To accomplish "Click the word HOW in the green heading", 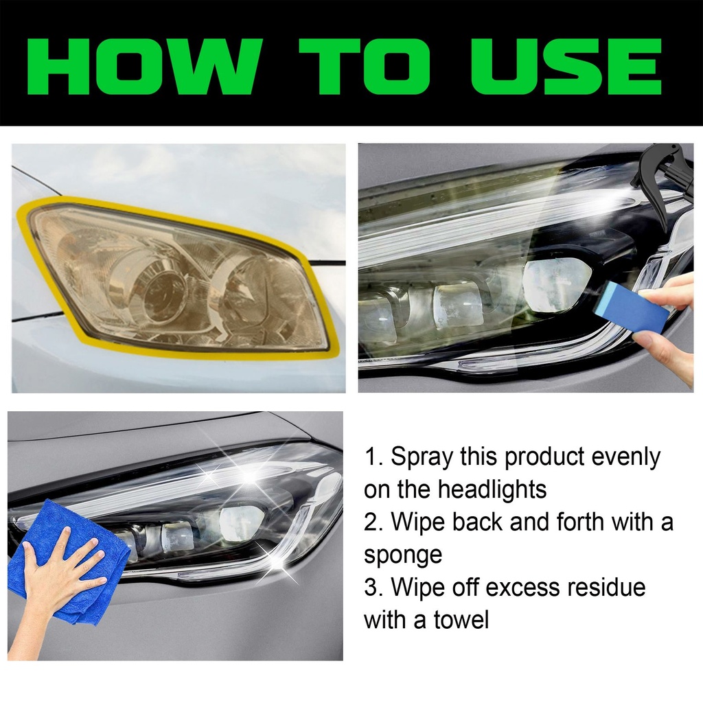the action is pos(144,67).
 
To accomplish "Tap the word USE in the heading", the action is pos(566,67).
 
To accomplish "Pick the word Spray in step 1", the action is pos(421,458).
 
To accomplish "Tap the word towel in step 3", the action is pos(461,620).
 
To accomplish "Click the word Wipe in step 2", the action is pos(418,522).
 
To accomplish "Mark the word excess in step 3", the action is pos(522,588).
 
